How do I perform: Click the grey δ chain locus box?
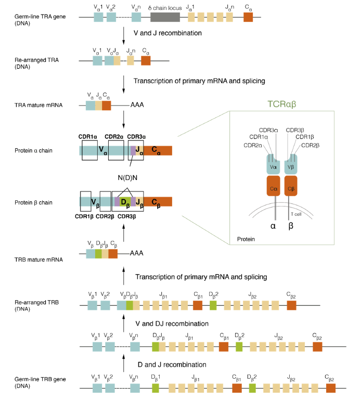(165, 17)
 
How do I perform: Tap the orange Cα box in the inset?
(274, 185)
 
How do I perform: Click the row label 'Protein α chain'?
(36, 150)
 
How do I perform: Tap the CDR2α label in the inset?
(252, 145)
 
